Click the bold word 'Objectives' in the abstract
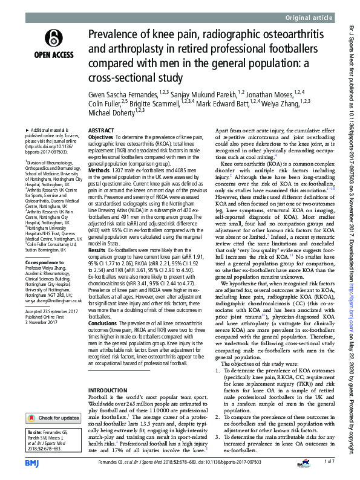click(100, 138)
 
